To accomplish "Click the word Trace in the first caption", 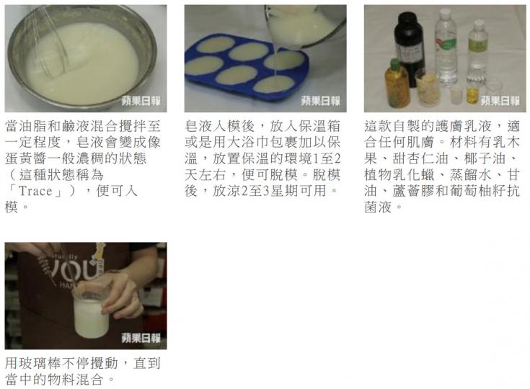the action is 35,191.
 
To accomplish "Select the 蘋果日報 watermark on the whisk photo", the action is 141,101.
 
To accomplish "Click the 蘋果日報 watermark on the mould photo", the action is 320,101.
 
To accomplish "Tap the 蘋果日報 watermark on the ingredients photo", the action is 500,101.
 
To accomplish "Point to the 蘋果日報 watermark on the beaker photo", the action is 141,338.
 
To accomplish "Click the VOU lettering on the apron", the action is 73,270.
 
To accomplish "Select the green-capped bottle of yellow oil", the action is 397,84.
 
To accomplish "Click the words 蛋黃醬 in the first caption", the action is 26,158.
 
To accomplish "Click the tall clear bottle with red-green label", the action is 446,48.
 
